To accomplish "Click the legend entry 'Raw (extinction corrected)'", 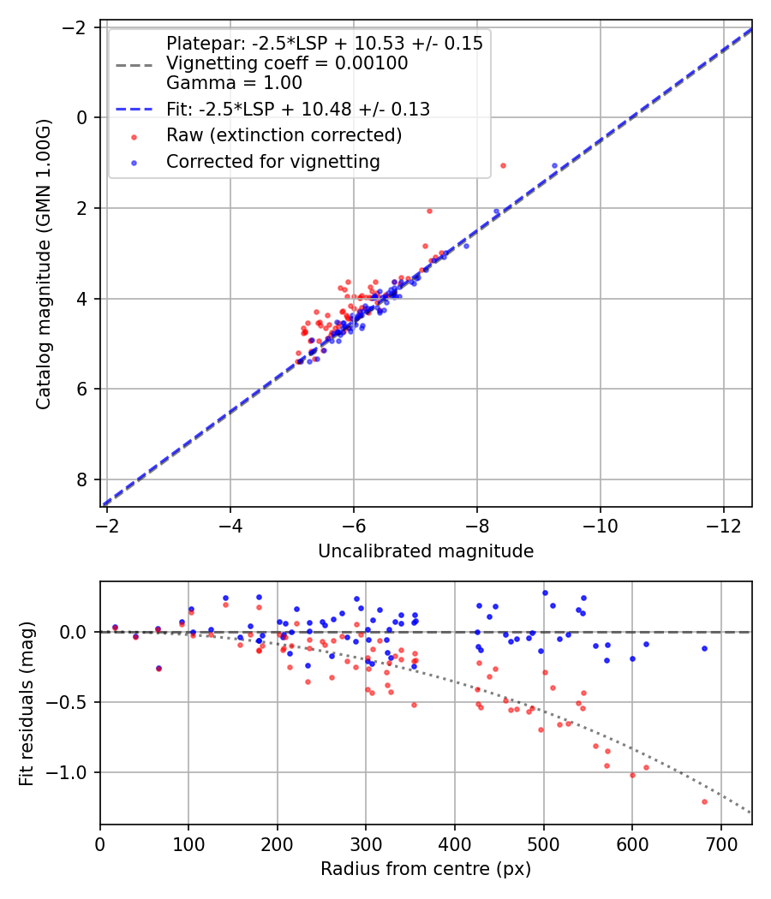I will [x=284, y=135].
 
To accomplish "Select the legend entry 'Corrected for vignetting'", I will [x=273, y=161].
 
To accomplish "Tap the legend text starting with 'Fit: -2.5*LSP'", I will [x=297, y=109].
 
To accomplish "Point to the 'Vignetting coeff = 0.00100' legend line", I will [x=287, y=63].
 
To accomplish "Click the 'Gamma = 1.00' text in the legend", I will [x=234, y=83].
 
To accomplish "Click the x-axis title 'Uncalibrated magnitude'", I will [x=426, y=551].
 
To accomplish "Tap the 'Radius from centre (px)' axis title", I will [x=426, y=869].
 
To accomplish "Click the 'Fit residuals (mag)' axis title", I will [x=27, y=703].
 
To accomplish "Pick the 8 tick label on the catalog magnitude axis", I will [x=83, y=479].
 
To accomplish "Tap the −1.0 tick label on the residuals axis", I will [x=73, y=772].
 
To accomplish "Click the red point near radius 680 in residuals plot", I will [x=704, y=801].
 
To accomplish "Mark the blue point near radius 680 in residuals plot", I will [x=704, y=648].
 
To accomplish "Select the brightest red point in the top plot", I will [x=503, y=165].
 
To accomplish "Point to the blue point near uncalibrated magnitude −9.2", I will [x=554, y=165].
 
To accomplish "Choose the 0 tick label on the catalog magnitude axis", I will [x=83, y=117].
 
